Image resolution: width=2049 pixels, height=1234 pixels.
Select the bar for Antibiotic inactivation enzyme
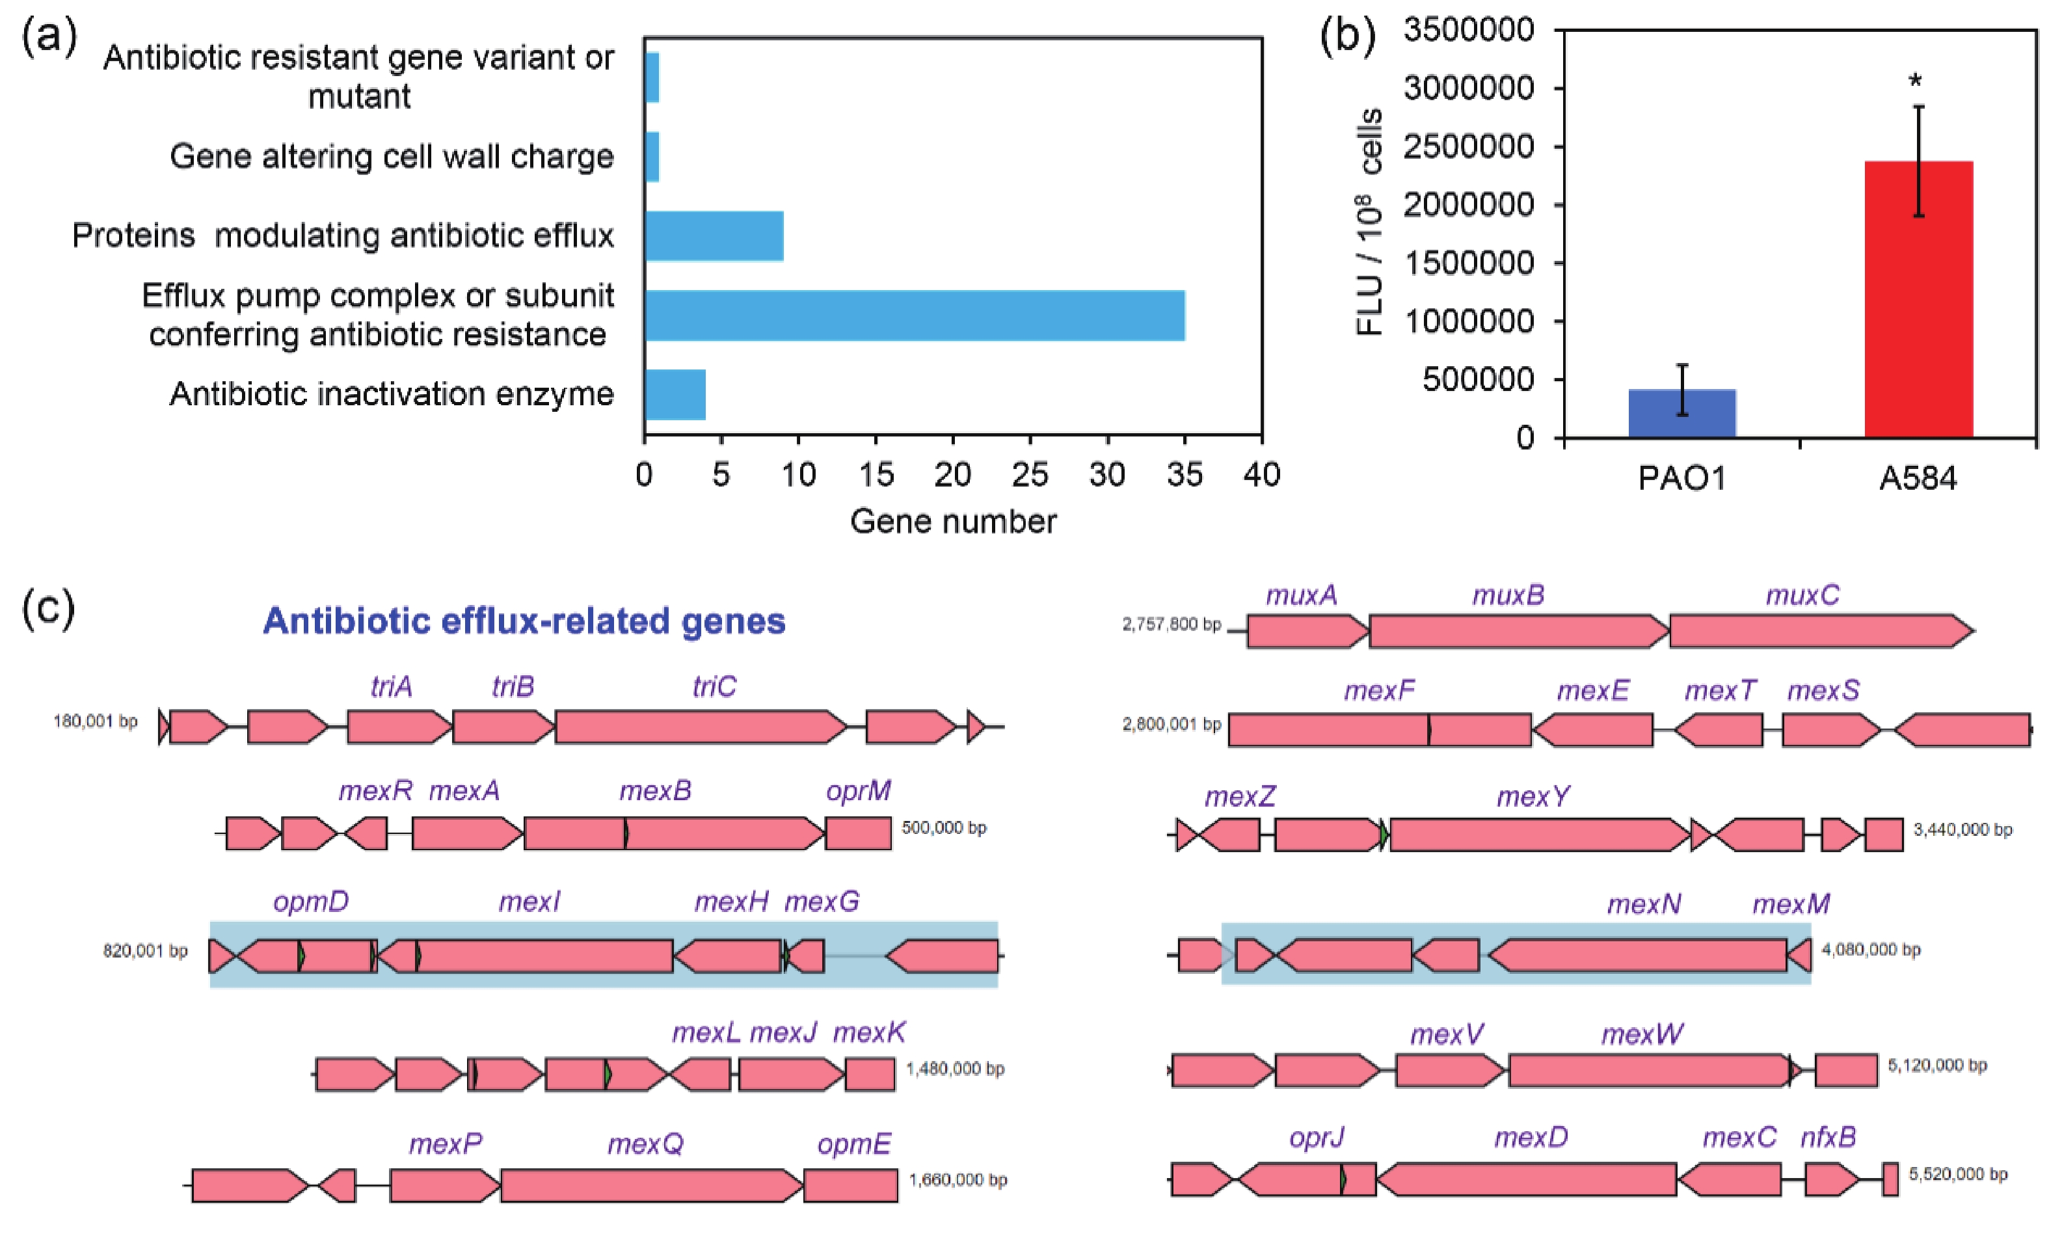675,394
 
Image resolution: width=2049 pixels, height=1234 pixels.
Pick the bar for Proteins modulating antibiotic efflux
714,236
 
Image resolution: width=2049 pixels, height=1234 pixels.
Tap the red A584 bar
1918,299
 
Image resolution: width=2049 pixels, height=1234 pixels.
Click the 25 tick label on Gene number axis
1030,475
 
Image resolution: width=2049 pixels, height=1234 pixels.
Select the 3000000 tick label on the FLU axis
1468,87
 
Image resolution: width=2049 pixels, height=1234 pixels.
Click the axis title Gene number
954,521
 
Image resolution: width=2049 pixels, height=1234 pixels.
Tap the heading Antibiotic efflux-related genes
524,621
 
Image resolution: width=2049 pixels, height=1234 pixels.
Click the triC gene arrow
701,727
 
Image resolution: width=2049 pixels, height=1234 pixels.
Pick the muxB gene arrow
1519,631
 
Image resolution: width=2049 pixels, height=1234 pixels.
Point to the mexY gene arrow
1540,835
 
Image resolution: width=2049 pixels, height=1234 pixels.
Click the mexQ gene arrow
652,1185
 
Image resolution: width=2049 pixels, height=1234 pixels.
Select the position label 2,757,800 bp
1172,624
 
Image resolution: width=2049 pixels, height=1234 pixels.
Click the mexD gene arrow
1526,1179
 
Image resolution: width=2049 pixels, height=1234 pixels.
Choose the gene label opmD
311,902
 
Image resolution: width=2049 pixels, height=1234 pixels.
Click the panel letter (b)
1347,36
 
